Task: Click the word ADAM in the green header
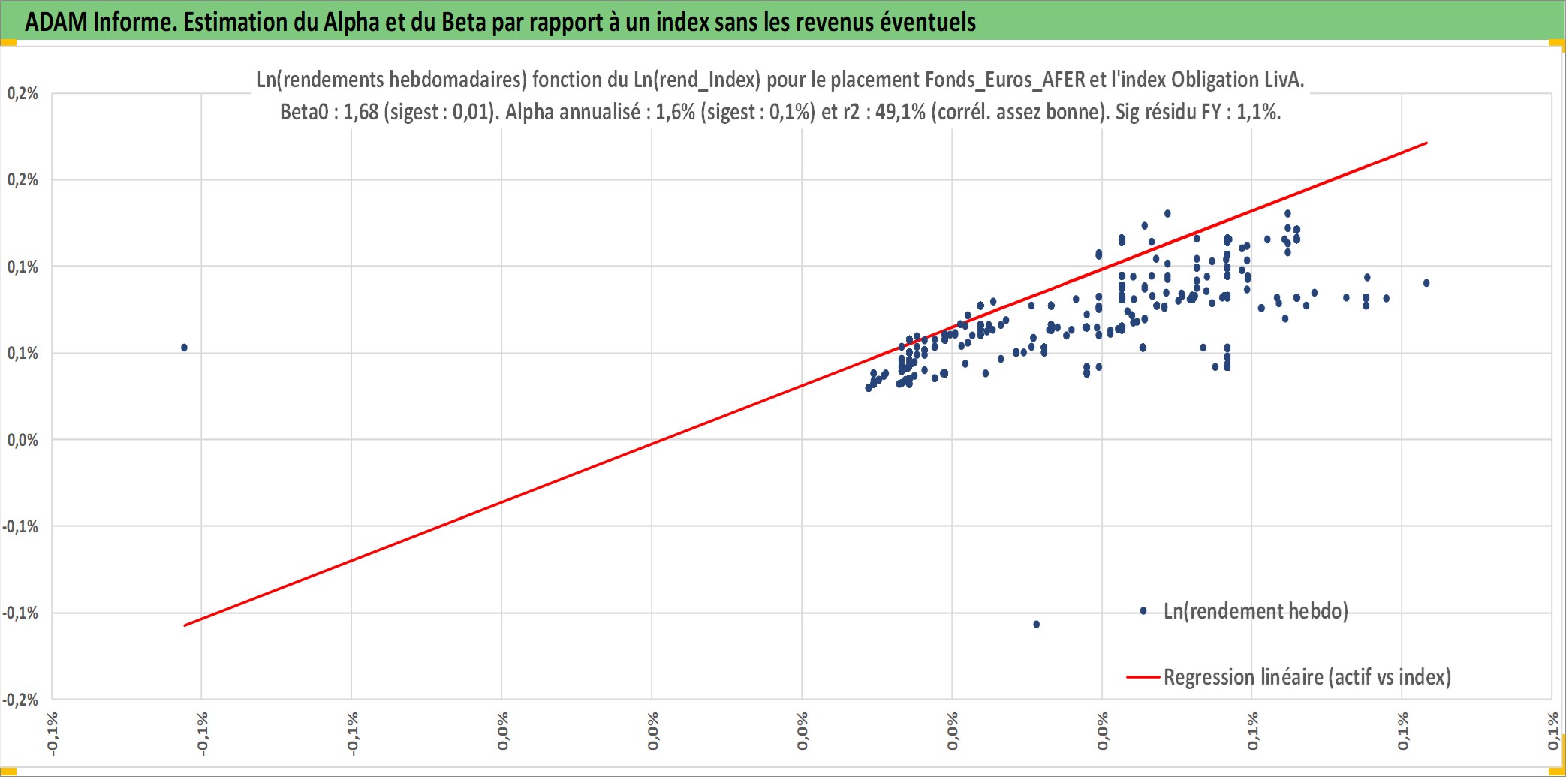[x=56, y=22]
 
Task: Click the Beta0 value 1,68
[x=360, y=112]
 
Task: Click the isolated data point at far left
[x=184, y=348]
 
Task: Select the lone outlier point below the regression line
[x=1037, y=625]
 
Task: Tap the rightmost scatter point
[x=1426, y=283]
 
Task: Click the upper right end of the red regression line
[x=1426, y=143]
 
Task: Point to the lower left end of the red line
[x=185, y=625]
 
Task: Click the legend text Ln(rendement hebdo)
[x=1256, y=611]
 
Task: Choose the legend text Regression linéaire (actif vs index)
[x=1307, y=677]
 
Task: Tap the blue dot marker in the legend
[x=1143, y=611]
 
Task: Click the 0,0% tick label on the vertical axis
[x=23, y=440]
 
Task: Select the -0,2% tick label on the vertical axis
[x=20, y=700]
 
